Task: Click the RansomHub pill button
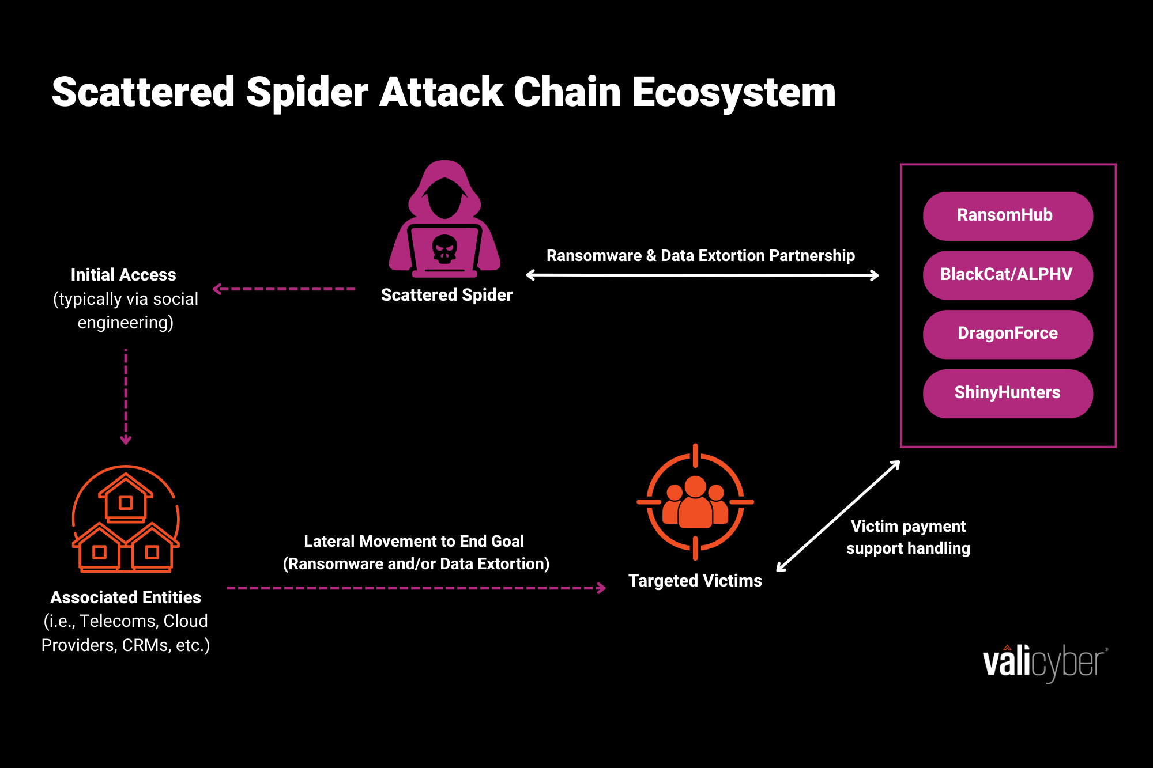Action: tap(1007, 216)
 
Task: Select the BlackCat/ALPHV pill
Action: tap(1007, 275)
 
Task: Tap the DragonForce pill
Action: tap(1007, 334)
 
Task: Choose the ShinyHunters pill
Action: tap(1007, 394)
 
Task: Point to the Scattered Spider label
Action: tap(446, 295)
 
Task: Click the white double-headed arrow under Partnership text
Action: tap(702, 275)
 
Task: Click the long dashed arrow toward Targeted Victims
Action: tap(415, 588)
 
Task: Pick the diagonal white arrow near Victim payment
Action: tap(838, 516)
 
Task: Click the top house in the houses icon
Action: tap(126, 498)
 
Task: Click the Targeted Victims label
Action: tap(695, 581)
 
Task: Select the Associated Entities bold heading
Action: tap(126, 597)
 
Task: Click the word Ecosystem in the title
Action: tap(733, 92)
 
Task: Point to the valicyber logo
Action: tap(1044, 663)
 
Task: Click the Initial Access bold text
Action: tap(123, 275)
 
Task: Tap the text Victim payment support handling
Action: tap(908, 537)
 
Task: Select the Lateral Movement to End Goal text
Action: tap(414, 542)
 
